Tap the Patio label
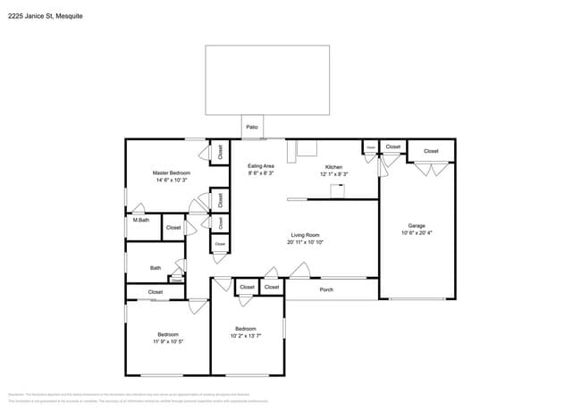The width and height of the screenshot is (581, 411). pyautogui.click(x=253, y=128)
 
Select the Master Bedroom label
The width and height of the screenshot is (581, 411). pyautogui.click(x=171, y=172)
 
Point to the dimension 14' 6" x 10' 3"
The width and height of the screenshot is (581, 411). pyautogui.click(x=171, y=180)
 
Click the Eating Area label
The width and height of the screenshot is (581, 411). pyautogui.click(x=261, y=166)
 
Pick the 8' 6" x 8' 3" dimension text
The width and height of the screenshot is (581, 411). pyautogui.click(x=261, y=174)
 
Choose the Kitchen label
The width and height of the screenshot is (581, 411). pyautogui.click(x=333, y=167)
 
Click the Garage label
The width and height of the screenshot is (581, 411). pyautogui.click(x=417, y=225)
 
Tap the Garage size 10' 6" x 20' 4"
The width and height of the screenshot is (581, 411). pyautogui.click(x=417, y=233)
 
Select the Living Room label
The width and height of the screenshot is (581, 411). pyautogui.click(x=305, y=235)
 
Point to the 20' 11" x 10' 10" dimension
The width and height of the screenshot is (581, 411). pyautogui.click(x=305, y=243)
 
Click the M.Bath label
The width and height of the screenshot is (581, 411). pyautogui.click(x=140, y=220)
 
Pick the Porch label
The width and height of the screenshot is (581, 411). pyautogui.click(x=326, y=289)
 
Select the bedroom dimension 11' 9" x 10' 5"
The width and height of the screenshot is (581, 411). pyautogui.click(x=168, y=342)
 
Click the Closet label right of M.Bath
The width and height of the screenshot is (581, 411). pyautogui.click(x=173, y=228)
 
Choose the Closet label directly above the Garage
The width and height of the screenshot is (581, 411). pyautogui.click(x=431, y=151)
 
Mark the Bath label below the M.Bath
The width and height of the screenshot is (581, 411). pyautogui.click(x=156, y=267)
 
